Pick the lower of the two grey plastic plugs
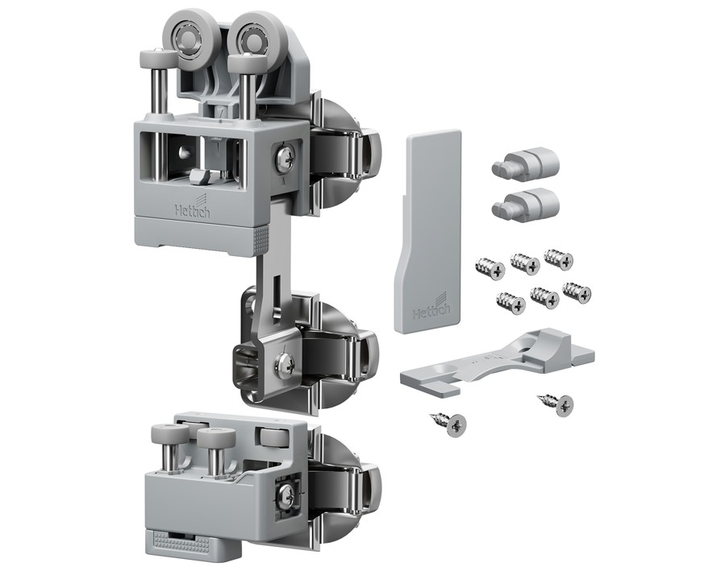click(x=525, y=203)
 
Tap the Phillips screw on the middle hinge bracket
click(x=285, y=362)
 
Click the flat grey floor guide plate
click(x=497, y=363)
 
